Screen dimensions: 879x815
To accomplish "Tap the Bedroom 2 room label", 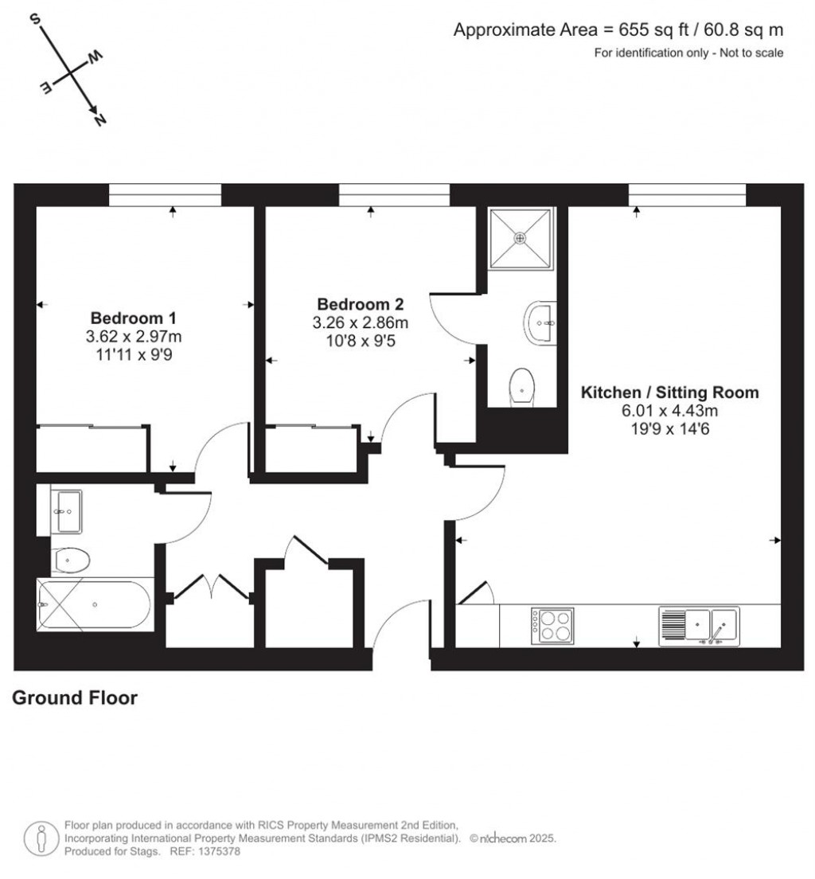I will [361, 304].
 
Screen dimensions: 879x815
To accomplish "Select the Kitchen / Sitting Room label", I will [669, 393].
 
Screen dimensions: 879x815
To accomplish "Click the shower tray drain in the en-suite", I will [521, 237].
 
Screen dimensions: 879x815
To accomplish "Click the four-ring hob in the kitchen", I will [552, 625].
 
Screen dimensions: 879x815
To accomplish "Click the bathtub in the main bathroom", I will [93, 606].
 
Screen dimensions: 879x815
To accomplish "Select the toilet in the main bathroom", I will [71, 561].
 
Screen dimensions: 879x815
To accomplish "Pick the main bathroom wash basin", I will [67, 510].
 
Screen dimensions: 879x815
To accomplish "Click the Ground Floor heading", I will [75, 698].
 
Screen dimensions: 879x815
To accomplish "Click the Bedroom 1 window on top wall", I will [165, 195].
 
